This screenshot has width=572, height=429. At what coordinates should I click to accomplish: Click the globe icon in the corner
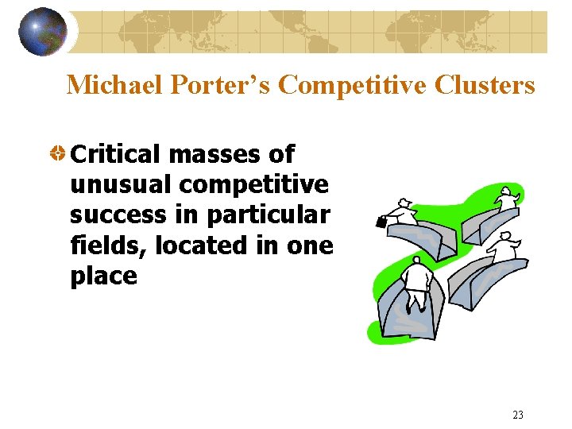[x=43, y=31]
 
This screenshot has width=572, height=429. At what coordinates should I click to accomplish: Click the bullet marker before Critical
[x=57, y=154]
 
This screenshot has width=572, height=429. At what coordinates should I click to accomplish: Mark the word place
[x=103, y=276]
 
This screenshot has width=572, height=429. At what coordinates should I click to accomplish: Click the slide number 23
[x=518, y=414]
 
